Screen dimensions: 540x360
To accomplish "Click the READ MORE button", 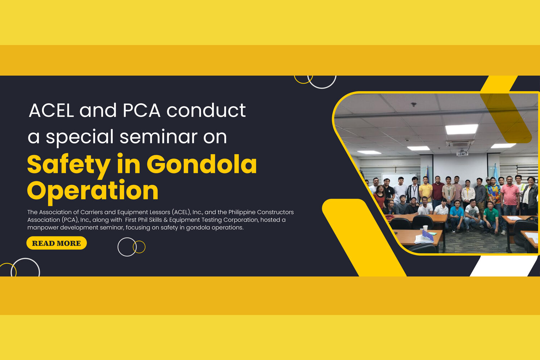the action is [x=57, y=243].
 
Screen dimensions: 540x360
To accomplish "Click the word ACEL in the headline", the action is [x=51, y=111].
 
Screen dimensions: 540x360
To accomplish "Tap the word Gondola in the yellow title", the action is [x=202, y=165].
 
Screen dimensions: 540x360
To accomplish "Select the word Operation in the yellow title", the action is [x=93, y=191].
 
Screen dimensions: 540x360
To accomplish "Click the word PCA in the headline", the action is [x=141, y=111].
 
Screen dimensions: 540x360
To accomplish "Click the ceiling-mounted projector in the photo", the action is [x=462, y=152].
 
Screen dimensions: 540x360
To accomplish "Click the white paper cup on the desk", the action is [x=425, y=228].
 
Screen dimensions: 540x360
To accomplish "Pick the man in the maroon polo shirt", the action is [x=438, y=190].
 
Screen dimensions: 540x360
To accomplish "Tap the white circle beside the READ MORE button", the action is [x=127, y=247].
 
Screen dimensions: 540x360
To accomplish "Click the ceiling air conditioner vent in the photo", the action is [x=459, y=143].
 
